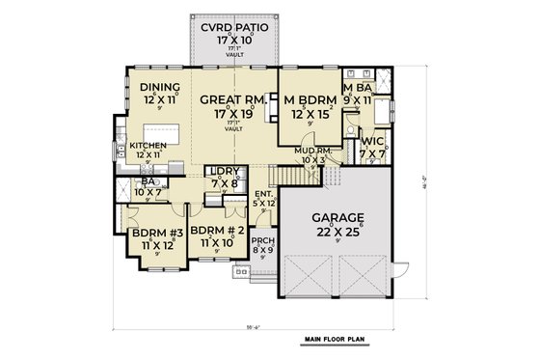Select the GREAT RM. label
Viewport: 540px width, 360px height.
(x=228, y=98)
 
